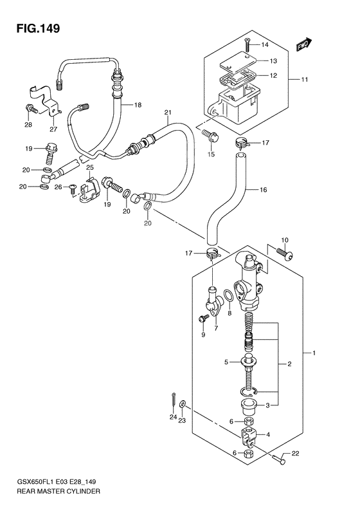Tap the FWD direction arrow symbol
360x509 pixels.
tap(304, 45)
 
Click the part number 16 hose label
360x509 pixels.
tap(263, 190)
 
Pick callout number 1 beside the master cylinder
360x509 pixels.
tap(313, 353)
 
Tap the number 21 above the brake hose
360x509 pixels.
tap(167, 113)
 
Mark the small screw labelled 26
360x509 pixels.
tap(72, 188)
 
